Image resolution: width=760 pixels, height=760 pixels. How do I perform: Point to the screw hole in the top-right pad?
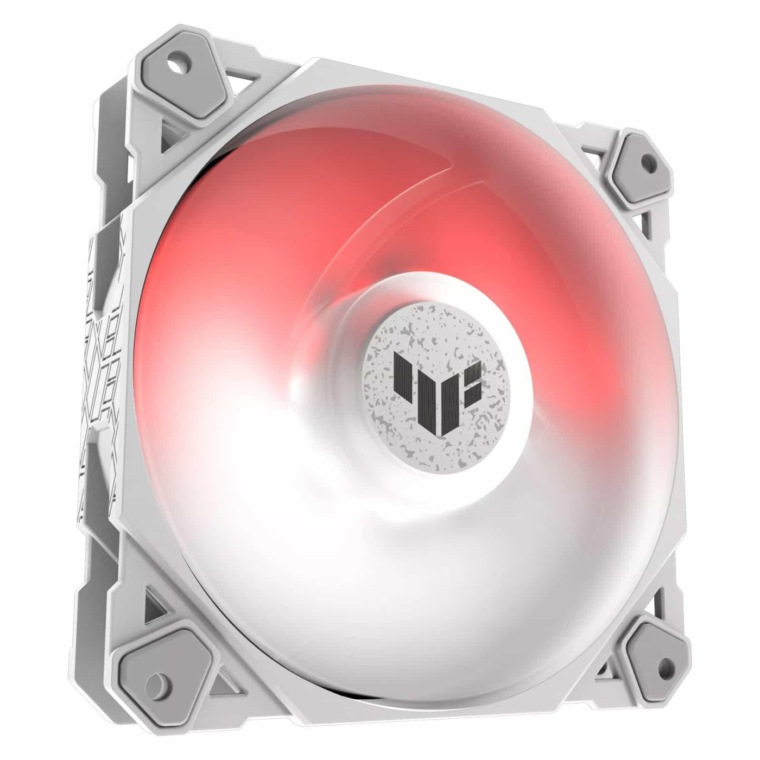[x=647, y=161]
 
